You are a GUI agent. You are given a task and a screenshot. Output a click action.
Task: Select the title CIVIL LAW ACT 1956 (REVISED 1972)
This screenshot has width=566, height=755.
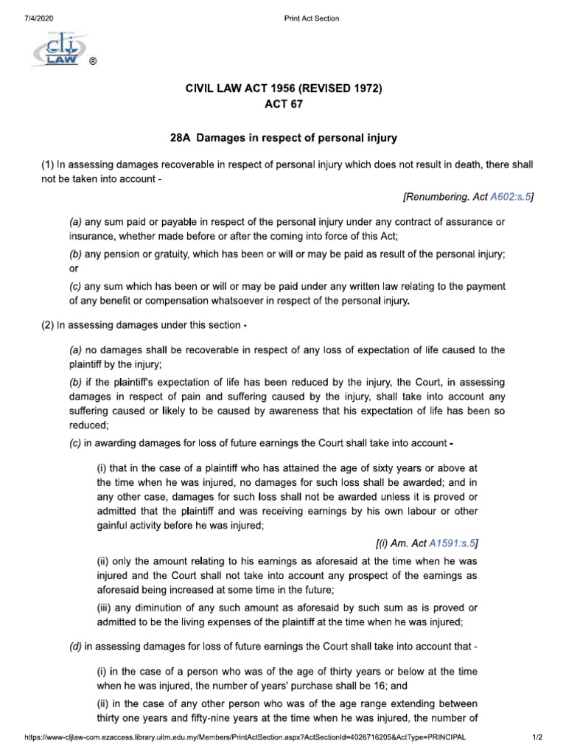pos(284,88)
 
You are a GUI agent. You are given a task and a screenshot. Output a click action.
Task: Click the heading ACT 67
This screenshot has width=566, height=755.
pos(284,105)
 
